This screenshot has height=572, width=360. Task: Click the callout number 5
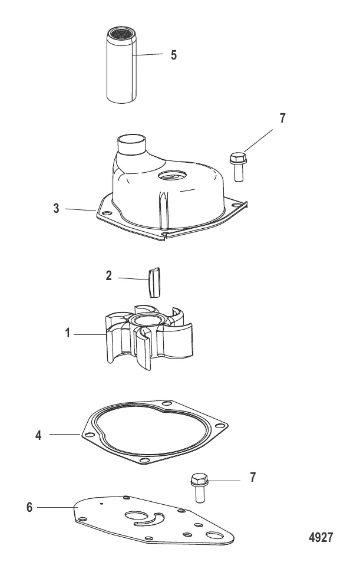(174, 55)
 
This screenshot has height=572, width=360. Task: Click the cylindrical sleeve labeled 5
(122, 64)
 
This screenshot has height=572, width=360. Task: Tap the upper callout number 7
(282, 118)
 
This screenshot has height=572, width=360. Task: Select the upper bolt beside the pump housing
(238, 167)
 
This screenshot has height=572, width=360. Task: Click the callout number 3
(56, 208)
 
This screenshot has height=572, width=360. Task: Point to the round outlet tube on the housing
(131, 145)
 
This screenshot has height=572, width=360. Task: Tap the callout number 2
(108, 275)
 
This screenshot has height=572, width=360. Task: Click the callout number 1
(67, 333)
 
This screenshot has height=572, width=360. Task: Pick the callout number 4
(38, 435)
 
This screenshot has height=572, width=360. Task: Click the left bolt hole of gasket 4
(89, 435)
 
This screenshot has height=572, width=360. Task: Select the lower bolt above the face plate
(199, 488)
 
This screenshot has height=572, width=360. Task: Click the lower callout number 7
(253, 477)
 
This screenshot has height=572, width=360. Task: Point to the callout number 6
(29, 508)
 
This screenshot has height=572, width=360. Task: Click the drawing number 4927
(321, 537)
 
